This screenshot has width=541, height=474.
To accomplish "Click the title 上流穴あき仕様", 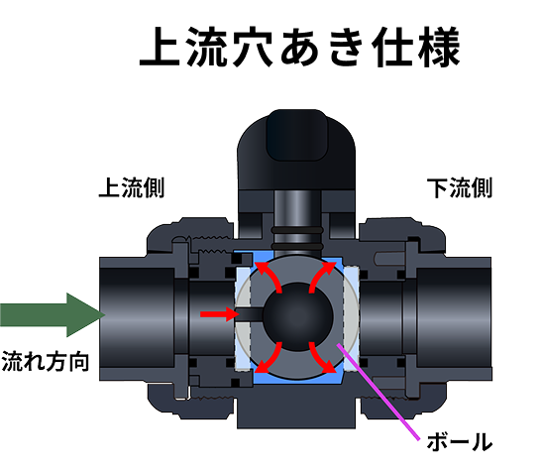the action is (x=299, y=47).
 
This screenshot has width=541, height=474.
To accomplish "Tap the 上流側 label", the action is (x=132, y=187).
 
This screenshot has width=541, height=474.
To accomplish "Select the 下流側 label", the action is (x=459, y=187).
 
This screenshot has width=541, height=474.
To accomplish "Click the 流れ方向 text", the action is (x=46, y=362).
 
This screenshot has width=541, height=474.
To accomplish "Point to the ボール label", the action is (x=459, y=442).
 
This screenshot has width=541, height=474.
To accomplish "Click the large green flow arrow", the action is (x=53, y=315).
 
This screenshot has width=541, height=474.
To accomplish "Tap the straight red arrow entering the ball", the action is (x=219, y=313).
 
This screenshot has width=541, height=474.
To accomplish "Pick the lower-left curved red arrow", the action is (x=269, y=358).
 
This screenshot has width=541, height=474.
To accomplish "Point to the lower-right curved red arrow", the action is (x=322, y=358).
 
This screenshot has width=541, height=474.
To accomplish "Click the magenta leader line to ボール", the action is (x=379, y=392).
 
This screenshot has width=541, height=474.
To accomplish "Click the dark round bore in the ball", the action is (x=298, y=316).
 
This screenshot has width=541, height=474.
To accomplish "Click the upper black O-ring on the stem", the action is (x=297, y=230).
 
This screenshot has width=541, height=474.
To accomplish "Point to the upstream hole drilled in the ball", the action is (x=250, y=314).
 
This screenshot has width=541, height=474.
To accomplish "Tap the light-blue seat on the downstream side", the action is (x=351, y=317).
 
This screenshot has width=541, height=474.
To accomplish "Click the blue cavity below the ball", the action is (x=297, y=379).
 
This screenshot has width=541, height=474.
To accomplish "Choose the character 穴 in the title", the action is (x=253, y=47).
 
